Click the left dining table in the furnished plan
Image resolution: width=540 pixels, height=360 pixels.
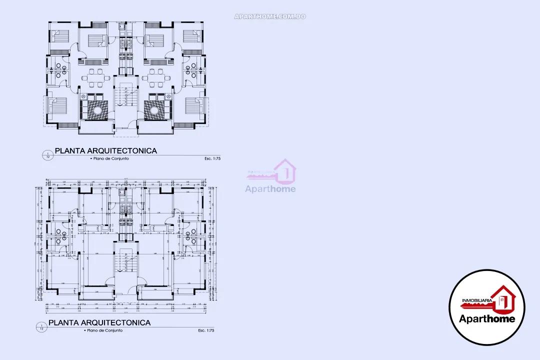coord(94,78)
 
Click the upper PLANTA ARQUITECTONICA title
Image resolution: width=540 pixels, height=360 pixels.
coord(105,150)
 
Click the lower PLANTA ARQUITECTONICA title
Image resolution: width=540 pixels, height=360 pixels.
coord(99,323)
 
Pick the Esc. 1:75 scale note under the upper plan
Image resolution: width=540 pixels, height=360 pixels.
coord(212,158)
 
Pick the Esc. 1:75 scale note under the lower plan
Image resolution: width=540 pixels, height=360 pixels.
coord(206,330)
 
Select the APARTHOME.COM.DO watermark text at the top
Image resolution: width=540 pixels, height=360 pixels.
coord(270,16)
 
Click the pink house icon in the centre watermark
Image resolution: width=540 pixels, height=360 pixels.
coord(285,171)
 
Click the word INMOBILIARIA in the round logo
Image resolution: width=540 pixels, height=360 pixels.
coord(476,300)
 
